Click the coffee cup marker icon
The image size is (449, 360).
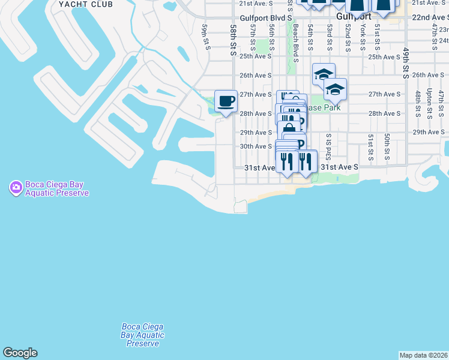click(x=226, y=101)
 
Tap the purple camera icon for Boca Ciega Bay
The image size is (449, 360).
click(x=16, y=188)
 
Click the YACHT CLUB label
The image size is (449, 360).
click(x=86, y=4)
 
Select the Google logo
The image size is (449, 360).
click(x=20, y=353)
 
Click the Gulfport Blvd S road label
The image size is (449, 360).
click(x=265, y=19)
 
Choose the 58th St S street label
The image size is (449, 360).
click(x=234, y=40)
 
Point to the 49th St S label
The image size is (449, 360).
click(x=406, y=63)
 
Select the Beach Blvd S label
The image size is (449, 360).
click(x=296, y=43)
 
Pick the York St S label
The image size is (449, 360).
click(x=363, y=37)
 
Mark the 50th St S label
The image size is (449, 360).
click(x=388, y=147)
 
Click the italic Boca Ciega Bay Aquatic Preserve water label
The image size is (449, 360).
click(x=142, y=335)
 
